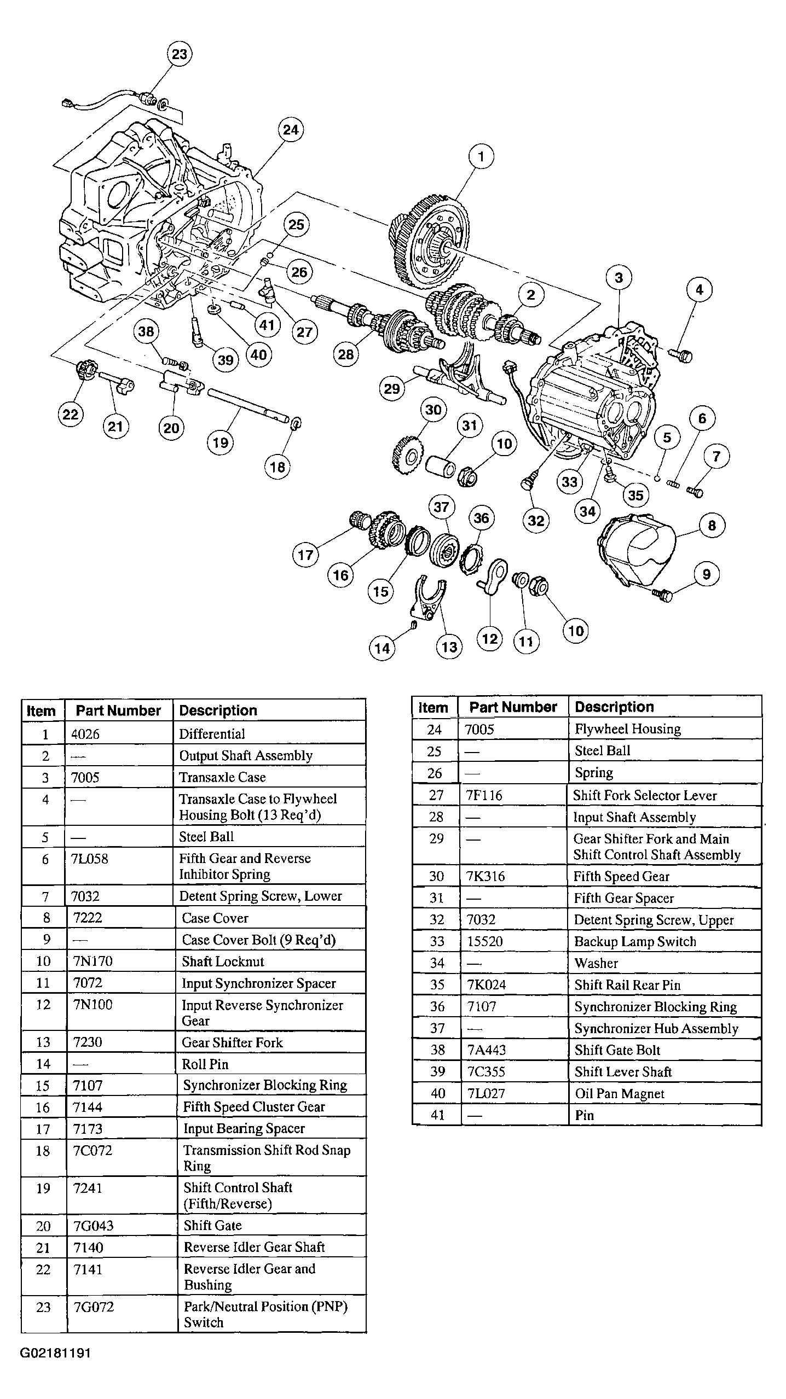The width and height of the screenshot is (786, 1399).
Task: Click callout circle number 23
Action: [180, 54]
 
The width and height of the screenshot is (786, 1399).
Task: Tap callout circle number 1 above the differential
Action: [481, 157]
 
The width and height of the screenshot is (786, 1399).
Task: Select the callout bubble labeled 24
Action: [291, 130]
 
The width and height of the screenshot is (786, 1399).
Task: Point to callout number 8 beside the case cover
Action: [712, 526]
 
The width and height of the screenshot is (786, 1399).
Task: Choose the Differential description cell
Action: [212, 734]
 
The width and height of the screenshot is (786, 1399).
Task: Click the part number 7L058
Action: [90, 859]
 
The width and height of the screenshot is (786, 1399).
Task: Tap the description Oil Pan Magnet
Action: [619, 1093]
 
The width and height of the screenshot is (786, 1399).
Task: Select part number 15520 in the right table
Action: [484, 941]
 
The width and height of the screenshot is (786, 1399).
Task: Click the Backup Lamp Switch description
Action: [635, 941]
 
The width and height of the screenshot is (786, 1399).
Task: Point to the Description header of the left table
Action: [218, 710]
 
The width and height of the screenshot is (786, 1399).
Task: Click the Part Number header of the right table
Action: [513, 707]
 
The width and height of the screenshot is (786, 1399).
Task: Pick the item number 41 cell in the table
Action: [437, 1115]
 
